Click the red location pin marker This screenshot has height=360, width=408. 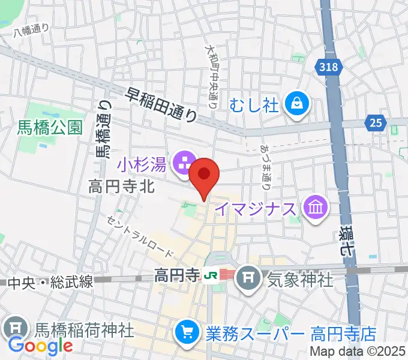(x=205, y=176)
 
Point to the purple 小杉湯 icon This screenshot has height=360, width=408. (x=184, y=163)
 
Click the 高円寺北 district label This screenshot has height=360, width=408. (x=122, y=187)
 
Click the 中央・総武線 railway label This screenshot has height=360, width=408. (x=51, y=281)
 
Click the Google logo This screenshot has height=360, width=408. (x=40, y=346)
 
